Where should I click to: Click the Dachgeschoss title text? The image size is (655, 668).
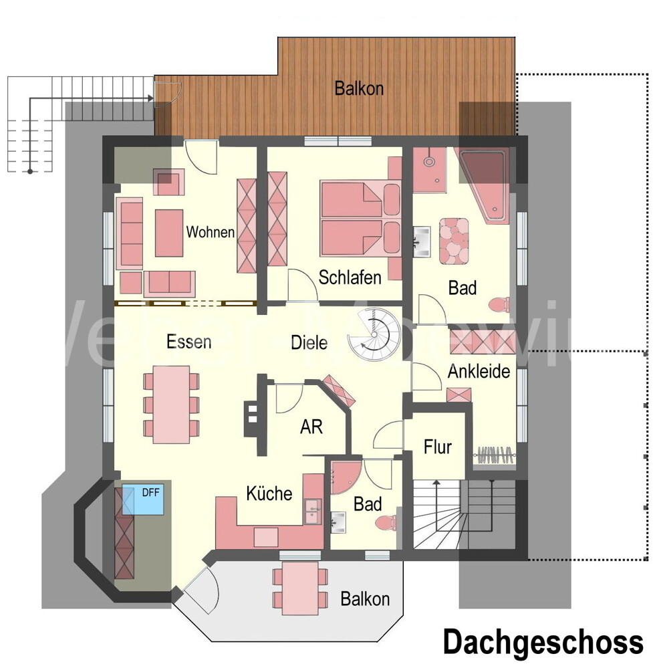point(543,642)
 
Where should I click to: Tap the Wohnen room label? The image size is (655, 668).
point(210,233)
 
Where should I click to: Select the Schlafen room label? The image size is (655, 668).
point(350,277)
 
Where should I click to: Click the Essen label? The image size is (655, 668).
point(188,342)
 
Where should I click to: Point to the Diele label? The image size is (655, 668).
point(309,342)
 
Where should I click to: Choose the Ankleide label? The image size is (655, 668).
point(479,370)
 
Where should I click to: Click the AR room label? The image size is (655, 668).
point(311,427)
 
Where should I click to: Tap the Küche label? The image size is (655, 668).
point(269,493)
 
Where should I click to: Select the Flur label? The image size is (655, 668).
point(438,446)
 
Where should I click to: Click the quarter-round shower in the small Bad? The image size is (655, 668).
point(344,475)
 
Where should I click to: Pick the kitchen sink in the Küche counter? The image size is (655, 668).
point(311,511)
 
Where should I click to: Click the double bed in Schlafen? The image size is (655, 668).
point(361,217)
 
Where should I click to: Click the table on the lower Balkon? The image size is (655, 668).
point(300,588)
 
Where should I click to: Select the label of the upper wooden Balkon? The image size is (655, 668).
point(359,88)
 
